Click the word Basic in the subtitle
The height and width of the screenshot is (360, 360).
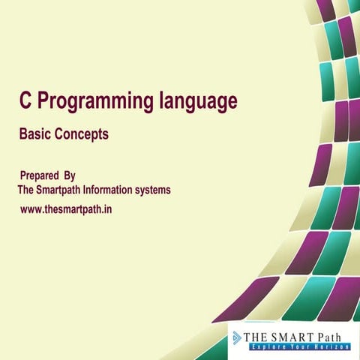(34, 135)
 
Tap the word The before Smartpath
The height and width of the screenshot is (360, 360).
(26, 190)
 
